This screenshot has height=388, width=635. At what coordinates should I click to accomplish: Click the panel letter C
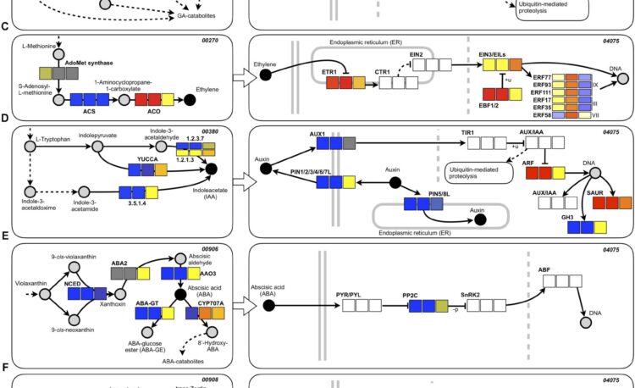(x=5, y=27)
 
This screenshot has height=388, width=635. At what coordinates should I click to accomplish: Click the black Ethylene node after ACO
(x=190, y=101)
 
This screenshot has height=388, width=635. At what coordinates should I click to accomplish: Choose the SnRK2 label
(x=471, y=294)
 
